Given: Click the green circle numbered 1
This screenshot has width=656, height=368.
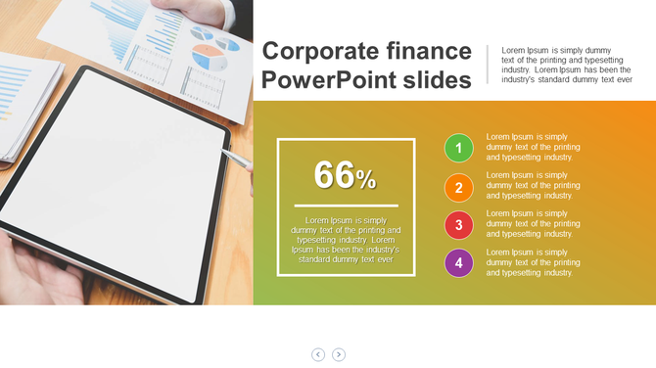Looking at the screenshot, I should (x=458, y=149).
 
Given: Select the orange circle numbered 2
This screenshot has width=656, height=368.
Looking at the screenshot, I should (x=458, y=187).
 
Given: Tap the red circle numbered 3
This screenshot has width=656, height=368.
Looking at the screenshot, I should (x=458, y=225).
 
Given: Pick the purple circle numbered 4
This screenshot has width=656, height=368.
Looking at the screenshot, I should (x=458, y=263).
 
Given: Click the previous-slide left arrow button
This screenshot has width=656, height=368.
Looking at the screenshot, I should (x=318, y=354).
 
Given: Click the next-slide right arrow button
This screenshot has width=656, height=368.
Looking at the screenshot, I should (x=339, y=354).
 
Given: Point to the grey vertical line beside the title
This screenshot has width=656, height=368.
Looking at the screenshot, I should (x=488, y=64).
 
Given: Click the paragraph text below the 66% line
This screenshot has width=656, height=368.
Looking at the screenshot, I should (x=346, y=240).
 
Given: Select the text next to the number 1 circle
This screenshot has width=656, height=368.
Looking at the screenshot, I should (x=533, y=147).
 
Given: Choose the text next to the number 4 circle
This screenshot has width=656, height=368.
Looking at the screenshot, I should (x=533, y=262).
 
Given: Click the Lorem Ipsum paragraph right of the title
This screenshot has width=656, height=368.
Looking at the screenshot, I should (x=566, y=65).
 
